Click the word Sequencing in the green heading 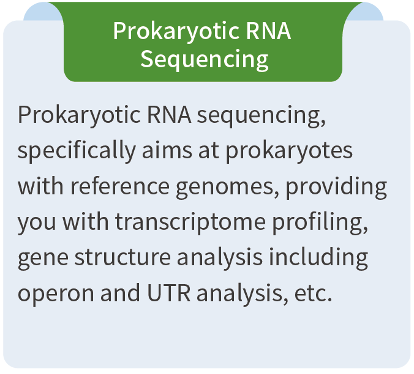pos(205,59)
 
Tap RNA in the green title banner pos(268,31)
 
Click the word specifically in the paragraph pos(77,151)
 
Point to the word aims pos(167,150)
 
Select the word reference pos(120,186)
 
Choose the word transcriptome pos(190,222)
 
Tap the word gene pos(43,258)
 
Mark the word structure pos(122,257)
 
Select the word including pos(318,258)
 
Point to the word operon pos(56,294)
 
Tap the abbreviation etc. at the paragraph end pos(313,294)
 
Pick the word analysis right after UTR pos(242,293)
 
